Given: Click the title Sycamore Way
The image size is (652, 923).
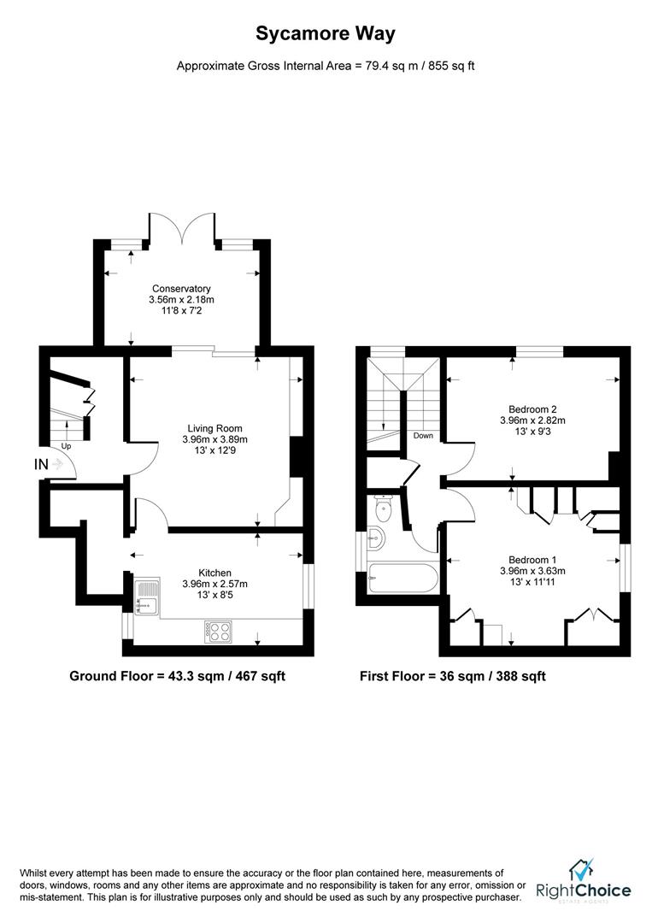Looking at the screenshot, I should [x=326, y=33].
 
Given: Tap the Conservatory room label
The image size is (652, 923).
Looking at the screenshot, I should [x=181, y=289].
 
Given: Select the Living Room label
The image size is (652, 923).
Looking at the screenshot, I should [x=215, y=428].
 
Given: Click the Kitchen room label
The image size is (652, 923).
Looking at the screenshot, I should [x=215, y=573].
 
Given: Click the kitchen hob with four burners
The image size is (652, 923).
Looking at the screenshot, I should [x=217, y=632].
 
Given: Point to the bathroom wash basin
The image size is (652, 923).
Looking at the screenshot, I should [x=375, y=538].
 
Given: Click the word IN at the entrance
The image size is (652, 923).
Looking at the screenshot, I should [x=41, y=464].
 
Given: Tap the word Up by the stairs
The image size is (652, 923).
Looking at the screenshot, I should [x=66, y=446].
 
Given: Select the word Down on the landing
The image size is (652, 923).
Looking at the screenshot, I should [x=422, y=435].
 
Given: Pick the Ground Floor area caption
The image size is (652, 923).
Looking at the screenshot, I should [x=177, y=676].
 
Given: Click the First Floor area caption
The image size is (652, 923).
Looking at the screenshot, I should [x=453, y=676].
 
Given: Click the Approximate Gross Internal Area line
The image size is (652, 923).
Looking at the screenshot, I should [x=326, y=66].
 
